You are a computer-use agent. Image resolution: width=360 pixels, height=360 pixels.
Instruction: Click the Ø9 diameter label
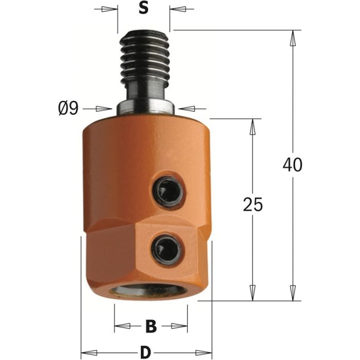[69, 108]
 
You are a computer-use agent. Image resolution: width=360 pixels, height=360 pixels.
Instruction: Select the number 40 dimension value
[293, 165]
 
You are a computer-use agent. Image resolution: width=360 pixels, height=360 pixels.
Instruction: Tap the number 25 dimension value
[253, 204]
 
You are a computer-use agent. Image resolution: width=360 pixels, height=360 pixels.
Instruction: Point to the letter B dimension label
[151, 326]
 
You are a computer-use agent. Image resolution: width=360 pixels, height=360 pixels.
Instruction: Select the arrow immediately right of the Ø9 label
[105, 109]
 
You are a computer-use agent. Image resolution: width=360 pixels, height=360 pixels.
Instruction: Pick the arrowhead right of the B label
[180, 326]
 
